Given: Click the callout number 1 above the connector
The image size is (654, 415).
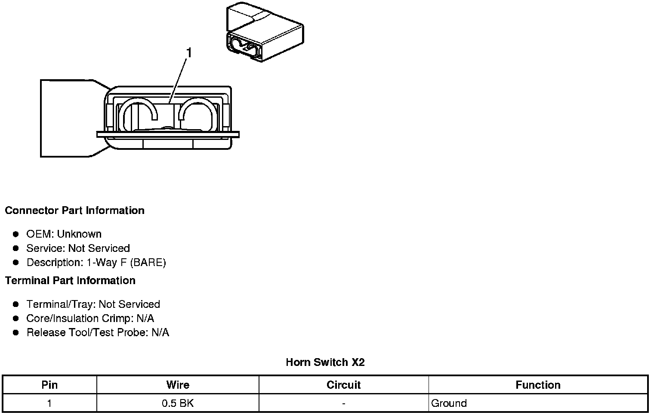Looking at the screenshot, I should (188, 53).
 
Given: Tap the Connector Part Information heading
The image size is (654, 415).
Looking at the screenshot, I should (74, 211).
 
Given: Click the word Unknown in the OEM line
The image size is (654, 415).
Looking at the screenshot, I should (79, 234).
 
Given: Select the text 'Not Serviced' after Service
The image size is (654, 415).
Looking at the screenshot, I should (99, 248).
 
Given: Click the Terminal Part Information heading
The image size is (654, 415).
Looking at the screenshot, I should (70, 281).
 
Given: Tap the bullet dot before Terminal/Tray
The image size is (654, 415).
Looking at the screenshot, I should (16, 304).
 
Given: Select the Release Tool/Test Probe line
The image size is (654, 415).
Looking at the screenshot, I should (98, 333).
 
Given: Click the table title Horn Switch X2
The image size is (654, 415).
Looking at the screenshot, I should (325, 362).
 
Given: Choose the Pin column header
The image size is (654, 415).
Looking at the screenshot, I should (49, 385).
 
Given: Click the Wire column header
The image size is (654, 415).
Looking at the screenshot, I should (178, 385).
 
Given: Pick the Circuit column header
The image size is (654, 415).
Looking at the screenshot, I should (343, 385).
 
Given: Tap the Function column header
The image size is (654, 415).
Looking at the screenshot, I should (538, 385).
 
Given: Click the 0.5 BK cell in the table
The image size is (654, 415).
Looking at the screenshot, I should (178, 403).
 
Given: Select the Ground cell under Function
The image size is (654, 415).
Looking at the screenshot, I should (449, 403).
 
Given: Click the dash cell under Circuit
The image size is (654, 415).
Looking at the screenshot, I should (343, 404).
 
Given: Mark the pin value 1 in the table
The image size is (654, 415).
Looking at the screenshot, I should (49, 403).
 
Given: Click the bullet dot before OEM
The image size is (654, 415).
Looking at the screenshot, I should (16, 234).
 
